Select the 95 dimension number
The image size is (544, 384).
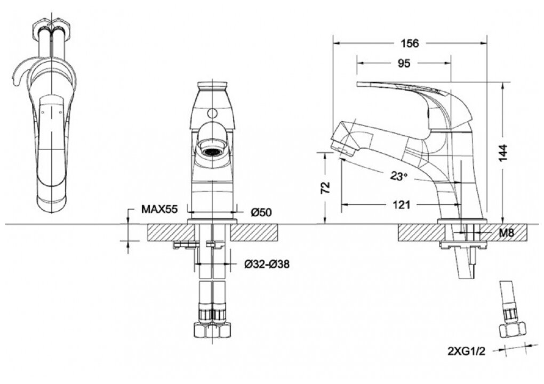[404, 63]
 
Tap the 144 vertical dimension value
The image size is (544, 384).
[507, 152]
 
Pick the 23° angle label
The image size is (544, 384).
[397, 176]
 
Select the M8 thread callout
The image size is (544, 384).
[506, 233]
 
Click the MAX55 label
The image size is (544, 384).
[159, 209]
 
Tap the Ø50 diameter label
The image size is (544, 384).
[261, 212]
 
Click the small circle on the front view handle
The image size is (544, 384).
[212, 113]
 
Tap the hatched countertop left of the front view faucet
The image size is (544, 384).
[166, 232]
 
